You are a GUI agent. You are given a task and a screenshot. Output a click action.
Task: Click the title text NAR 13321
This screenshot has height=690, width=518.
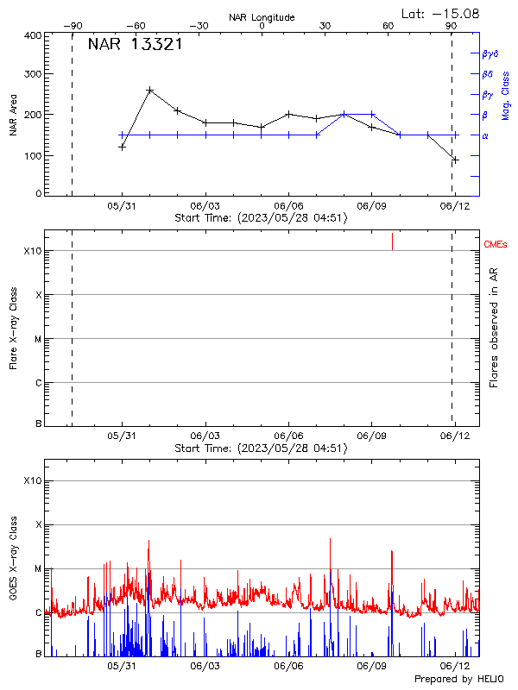tap(135, 45)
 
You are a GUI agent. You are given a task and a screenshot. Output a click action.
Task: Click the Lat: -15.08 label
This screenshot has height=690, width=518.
tap(441, 13)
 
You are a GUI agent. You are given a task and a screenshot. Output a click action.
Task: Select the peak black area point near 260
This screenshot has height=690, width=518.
tap(150, 90)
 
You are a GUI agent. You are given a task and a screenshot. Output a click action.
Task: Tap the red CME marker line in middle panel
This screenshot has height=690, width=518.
tap(392, 241)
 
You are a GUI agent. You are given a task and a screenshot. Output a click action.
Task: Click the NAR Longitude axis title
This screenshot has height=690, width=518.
tap(262, 16)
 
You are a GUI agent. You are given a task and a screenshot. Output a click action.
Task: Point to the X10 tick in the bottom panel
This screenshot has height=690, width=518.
tap(33, 480)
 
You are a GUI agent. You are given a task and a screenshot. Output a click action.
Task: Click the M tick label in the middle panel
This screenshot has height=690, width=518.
tap(37, 339)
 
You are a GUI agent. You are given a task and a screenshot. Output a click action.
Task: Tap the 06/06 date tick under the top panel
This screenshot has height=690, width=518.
tap(288, 207)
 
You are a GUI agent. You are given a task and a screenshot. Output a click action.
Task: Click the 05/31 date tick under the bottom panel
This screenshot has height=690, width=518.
tap(122, 666)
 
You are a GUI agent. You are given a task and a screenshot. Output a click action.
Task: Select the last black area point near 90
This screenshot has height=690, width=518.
tap(455, 160)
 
